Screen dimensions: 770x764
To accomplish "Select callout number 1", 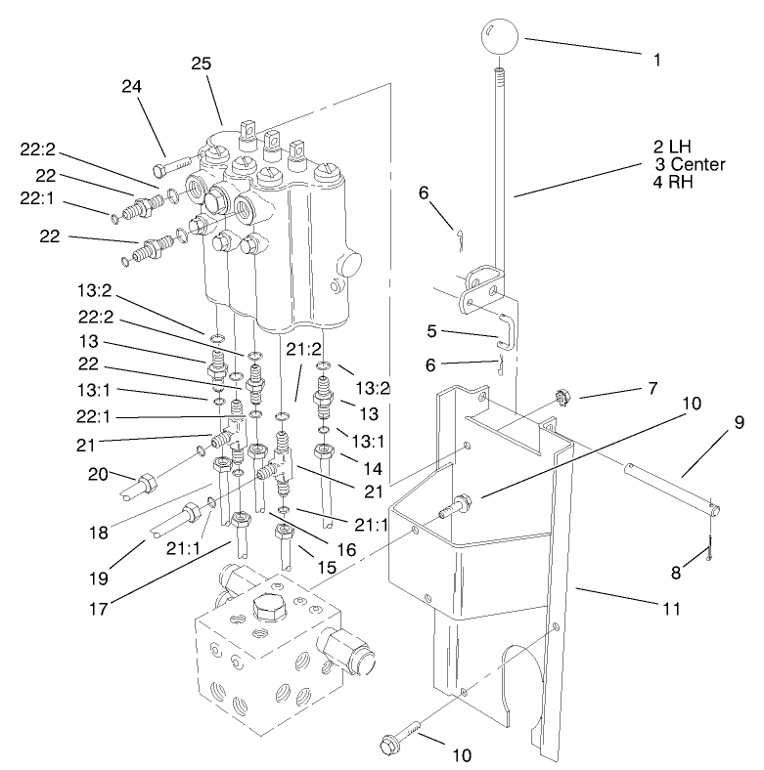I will tap(657, 59).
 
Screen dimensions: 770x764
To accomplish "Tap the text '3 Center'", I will tap(691, 164).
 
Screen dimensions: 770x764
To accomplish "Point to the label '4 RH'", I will tap(673, 181).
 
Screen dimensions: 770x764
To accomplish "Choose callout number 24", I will tap(132, 87).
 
